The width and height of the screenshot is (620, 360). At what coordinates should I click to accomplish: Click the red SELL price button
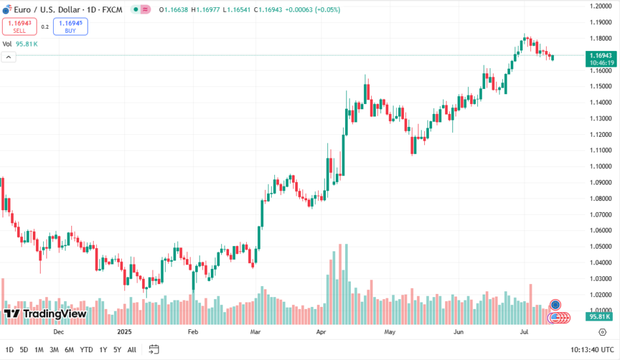(19, 26)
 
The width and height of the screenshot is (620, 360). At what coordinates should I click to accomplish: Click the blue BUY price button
(71, 26)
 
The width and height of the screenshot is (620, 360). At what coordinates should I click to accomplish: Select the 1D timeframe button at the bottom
(9, 350)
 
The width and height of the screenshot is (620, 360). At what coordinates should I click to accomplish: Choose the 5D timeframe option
(24, 350)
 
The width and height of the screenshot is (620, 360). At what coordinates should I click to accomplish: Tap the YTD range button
(86, 350)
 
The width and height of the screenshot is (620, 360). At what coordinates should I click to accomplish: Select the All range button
(132, 350)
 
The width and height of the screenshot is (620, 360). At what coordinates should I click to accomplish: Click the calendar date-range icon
(154, 349)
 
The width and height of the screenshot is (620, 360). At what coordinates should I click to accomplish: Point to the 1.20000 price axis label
(600, 6)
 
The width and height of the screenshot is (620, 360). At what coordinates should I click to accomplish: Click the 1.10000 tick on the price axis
(600, 166)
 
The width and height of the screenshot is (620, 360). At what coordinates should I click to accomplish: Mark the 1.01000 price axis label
(600, 310)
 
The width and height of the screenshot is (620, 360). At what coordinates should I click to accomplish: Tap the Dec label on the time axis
(58, 332)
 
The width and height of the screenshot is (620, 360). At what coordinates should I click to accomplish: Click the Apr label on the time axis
(321, 332)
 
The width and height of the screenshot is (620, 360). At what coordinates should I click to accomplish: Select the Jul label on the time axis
(524, 332)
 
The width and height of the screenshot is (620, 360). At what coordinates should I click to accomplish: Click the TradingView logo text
(55, 314)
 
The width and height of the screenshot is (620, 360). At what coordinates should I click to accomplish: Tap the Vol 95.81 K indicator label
(20, 44)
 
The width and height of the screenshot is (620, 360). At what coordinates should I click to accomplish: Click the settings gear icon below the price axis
(602, 332)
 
